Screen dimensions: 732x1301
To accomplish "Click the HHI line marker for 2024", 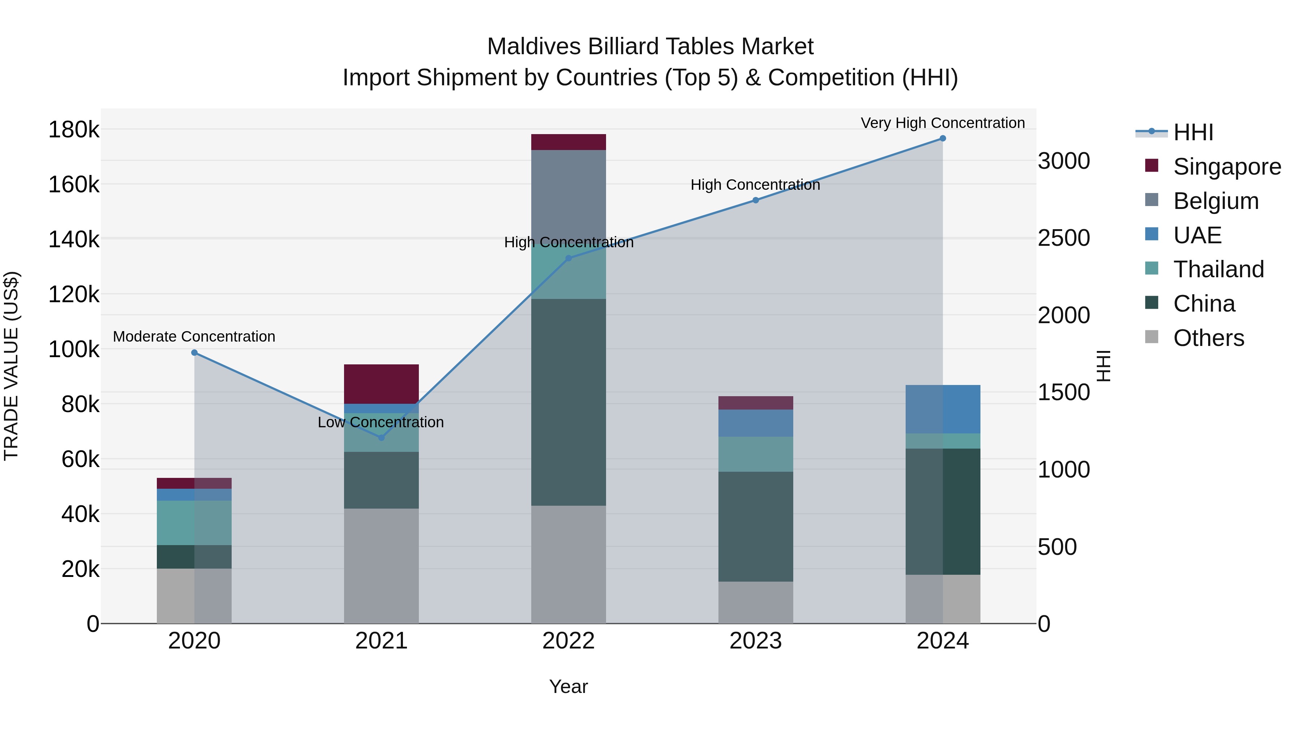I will click(943, 138).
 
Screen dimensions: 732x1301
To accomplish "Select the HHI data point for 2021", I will click(381, 437).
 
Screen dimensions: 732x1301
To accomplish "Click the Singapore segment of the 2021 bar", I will click(381, 384).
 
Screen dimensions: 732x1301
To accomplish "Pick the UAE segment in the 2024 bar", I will click(943, 409).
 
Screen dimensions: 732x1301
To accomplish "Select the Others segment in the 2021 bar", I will click(381, 566).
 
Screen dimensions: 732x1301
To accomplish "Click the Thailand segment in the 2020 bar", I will click(194, 522).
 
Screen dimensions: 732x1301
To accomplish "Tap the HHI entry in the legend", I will click(1193, 132).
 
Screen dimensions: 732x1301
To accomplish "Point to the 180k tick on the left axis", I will click(74, 130).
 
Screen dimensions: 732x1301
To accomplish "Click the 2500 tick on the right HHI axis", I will click(1063, 239).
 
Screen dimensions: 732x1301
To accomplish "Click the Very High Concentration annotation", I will click(943, 123).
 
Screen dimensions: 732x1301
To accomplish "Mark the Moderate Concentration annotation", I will click(194, 337).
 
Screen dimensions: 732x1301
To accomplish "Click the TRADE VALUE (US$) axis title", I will click(11, 366).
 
